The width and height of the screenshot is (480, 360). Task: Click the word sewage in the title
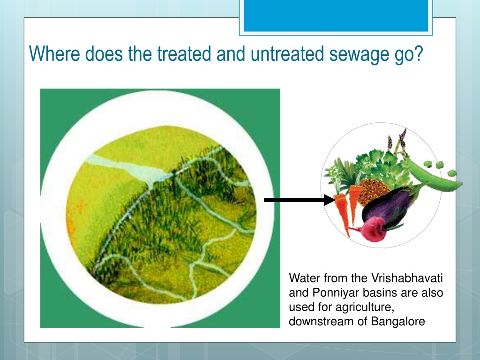click(x=357, y=54)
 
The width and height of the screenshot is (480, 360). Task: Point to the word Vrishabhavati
click(x=407, y=278)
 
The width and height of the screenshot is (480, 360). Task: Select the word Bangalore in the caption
click(x=398, y=322)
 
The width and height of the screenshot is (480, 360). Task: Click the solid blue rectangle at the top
click(x=336, y=15)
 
